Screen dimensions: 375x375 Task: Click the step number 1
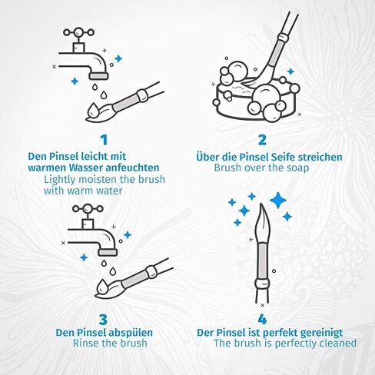point(104,140)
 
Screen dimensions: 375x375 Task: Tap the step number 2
point(262,140)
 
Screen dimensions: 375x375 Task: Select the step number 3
point(103,320)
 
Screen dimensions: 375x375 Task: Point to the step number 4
point(262,320)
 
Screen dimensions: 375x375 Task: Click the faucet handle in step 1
point(78,32)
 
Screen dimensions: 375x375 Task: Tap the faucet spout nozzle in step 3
point(108,252)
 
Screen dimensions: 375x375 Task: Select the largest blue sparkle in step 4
point(278,200)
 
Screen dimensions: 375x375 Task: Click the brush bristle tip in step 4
point(261,204)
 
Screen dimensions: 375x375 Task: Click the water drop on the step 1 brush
point(92,110)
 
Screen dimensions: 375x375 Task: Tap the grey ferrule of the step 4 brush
point(262,261)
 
